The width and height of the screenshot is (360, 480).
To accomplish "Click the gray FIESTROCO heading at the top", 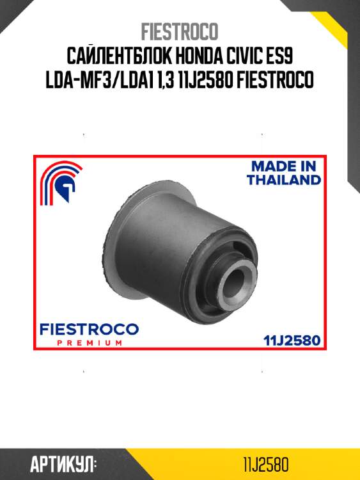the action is click(180, 31).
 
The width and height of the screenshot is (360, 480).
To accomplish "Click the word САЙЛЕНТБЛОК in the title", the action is click(119, 56).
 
